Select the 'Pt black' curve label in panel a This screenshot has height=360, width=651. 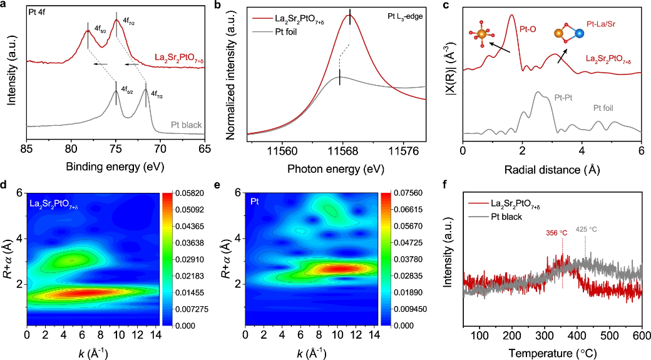[x=186, y=125]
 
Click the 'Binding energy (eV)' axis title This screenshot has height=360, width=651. [x=116, y=167]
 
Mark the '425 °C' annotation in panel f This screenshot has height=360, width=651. [x=587, y=230]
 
